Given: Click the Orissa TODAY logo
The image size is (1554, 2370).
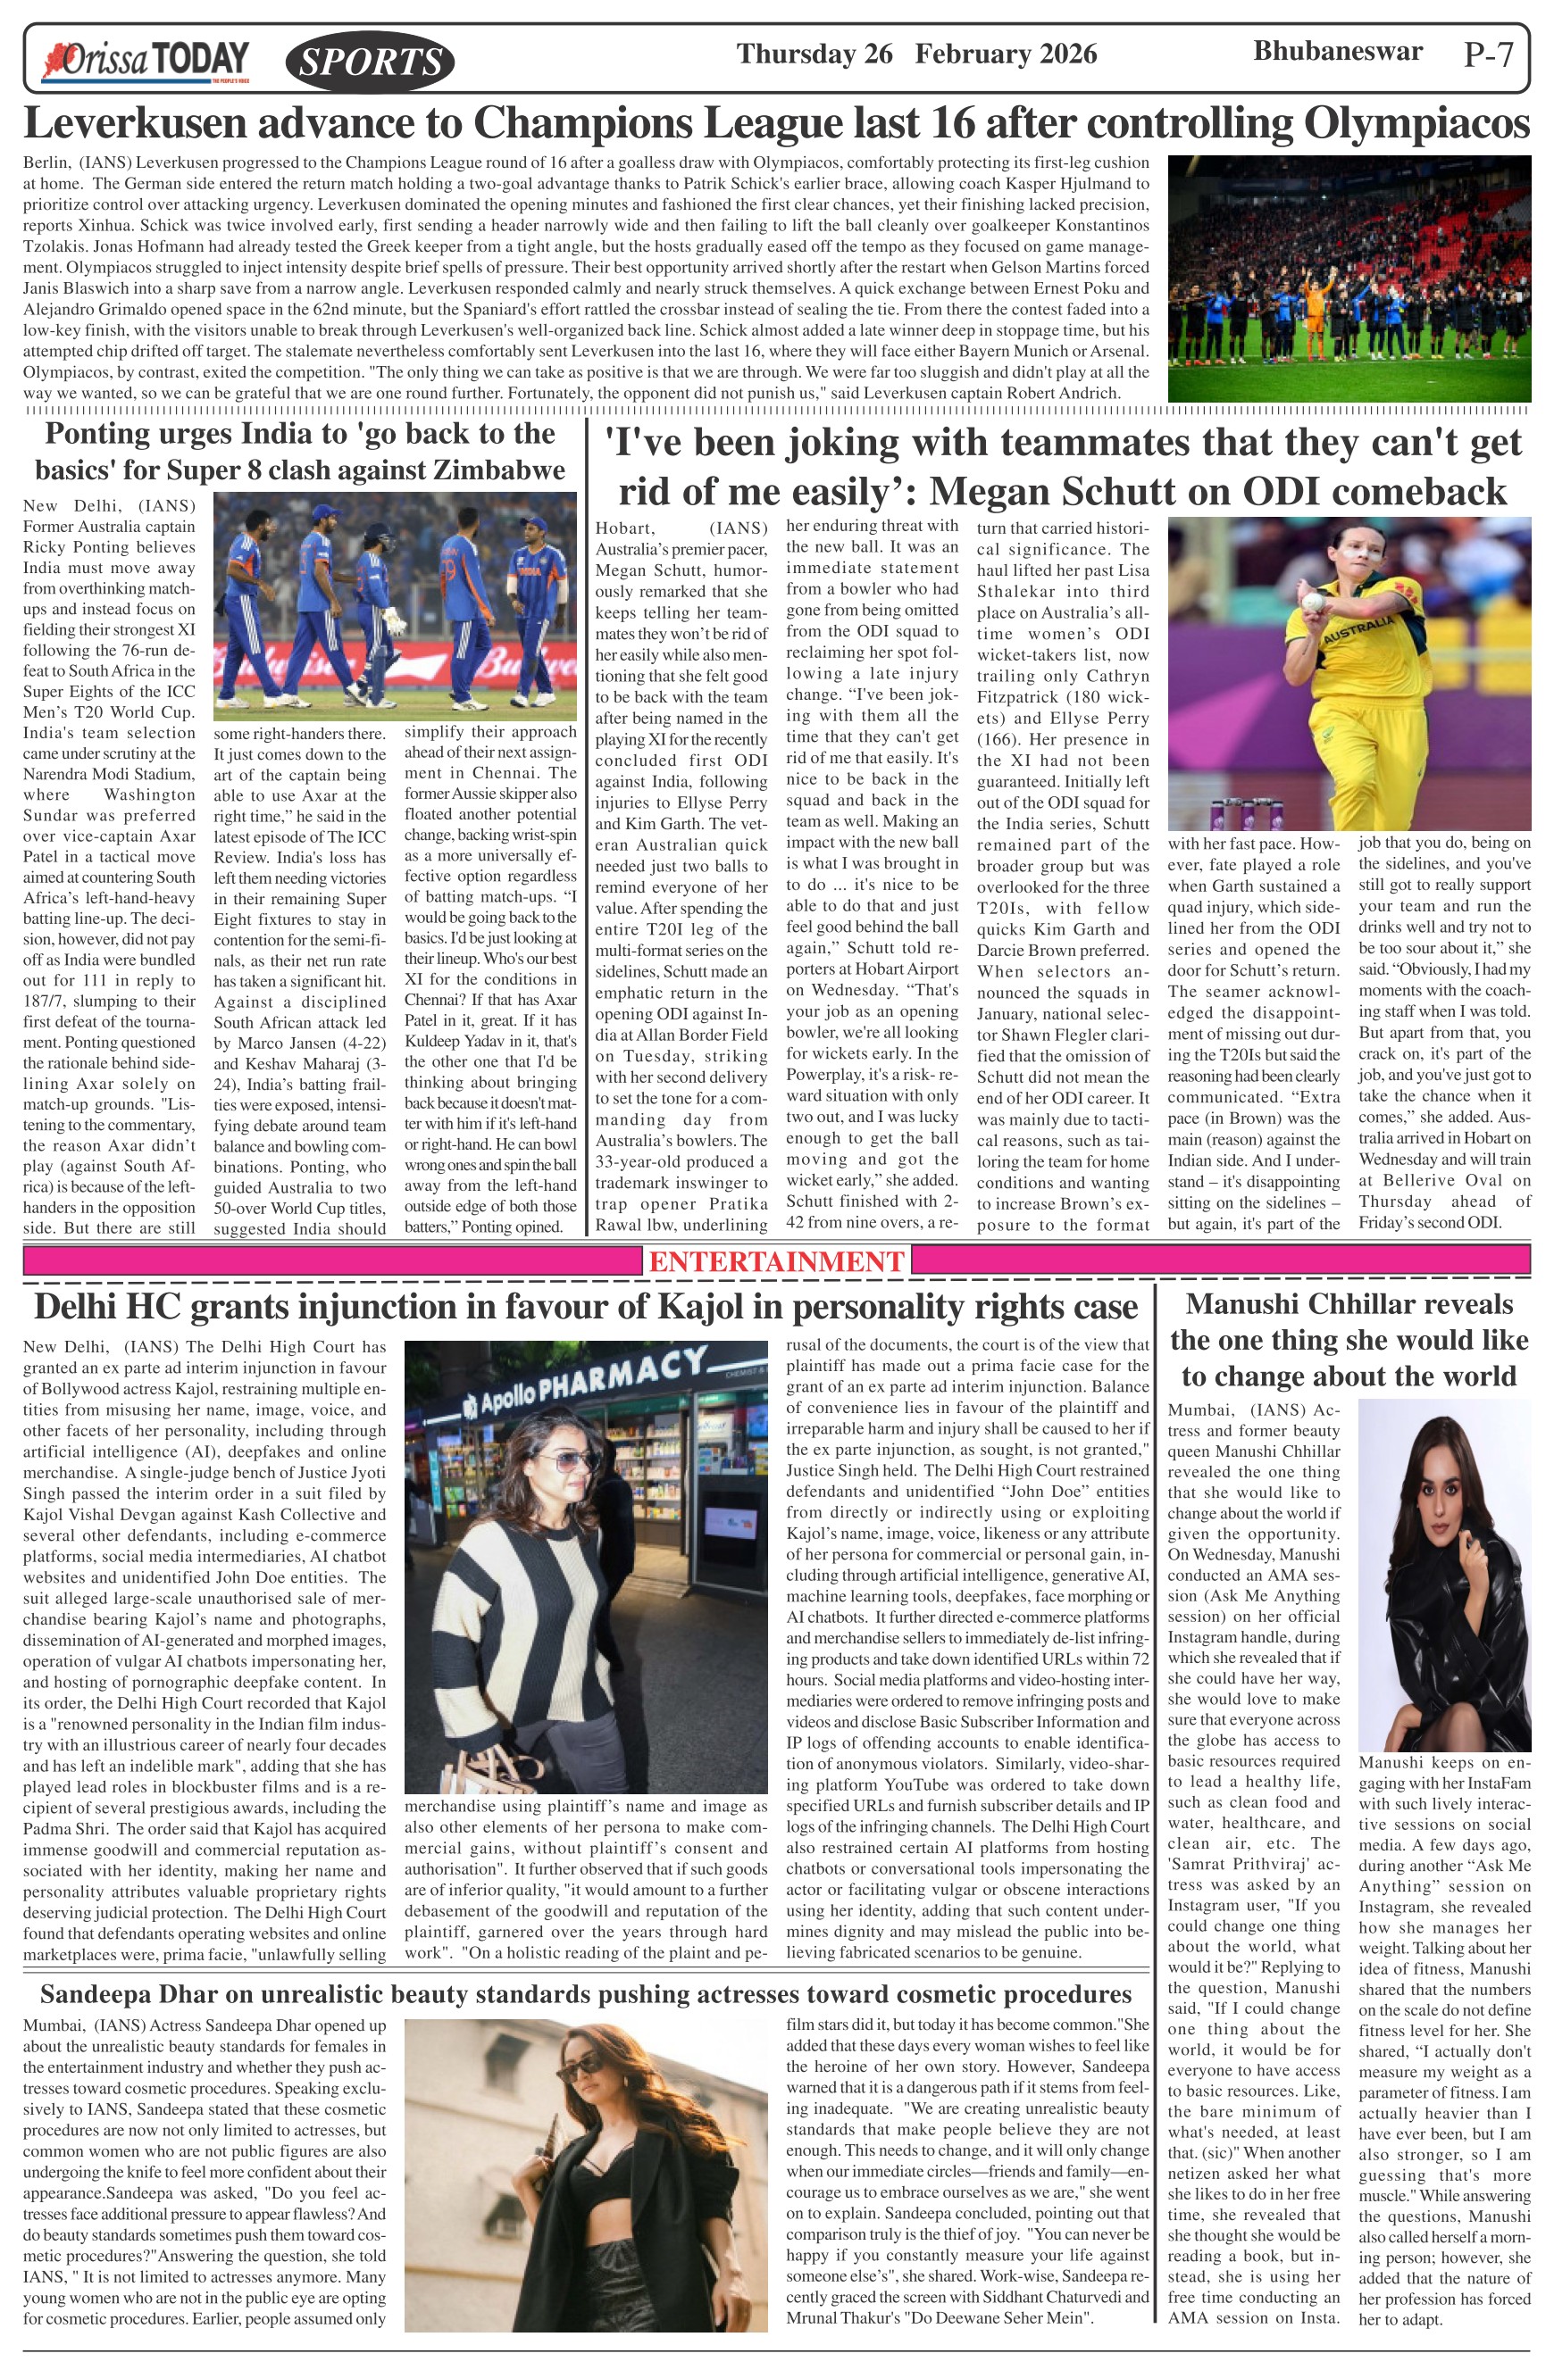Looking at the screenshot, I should pyautogui.click(x=145, y=60).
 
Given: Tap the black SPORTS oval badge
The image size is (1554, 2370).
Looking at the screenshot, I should pyautogui.click(x=370, y=62).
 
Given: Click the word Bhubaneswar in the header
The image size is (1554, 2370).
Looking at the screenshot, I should pyautogui.click(x=1337, y=51).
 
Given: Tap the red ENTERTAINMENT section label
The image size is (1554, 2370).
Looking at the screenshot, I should pyautogui.click(x=776, y=1260).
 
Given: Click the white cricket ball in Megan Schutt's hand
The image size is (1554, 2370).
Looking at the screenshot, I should pyautogui.click(x=1314, y=602).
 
